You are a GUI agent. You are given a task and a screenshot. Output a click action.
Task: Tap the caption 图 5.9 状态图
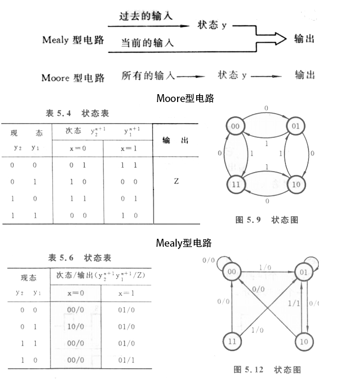click(267, 220)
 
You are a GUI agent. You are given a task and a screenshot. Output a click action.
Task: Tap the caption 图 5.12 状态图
click(267, 369)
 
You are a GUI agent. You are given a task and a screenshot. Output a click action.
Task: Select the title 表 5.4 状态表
click(77, 114)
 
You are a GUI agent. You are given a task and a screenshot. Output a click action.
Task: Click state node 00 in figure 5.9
click(235, 127)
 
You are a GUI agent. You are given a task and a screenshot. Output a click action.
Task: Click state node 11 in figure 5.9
click(235, 185)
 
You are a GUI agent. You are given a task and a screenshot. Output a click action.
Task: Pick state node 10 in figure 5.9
click(296, 185)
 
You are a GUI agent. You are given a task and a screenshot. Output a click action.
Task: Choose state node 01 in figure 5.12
click(304, 271)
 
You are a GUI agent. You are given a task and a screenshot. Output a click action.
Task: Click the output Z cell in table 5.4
click(176, 181)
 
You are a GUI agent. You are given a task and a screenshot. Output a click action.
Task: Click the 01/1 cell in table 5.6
click(126, 359)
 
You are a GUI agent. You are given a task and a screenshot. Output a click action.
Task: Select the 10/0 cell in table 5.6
click(75, 327)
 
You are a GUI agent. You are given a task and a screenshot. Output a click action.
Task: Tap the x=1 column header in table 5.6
click(126, 293)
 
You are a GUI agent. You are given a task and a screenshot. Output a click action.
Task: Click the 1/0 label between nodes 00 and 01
click(265, 267)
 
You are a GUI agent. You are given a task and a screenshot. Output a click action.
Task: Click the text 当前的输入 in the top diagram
click(147, 43)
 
